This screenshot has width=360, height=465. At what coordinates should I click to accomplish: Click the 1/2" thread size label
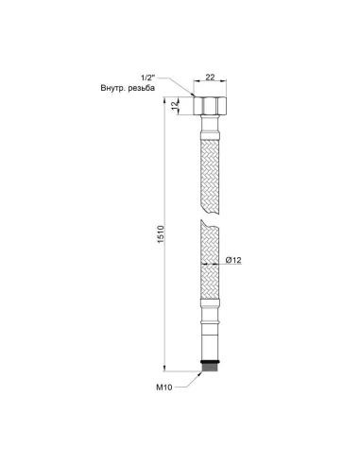[x=147, y=77]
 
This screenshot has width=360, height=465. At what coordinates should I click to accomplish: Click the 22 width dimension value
[x=210, y=77]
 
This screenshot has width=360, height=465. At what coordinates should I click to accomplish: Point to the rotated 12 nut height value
[x=175, y=106]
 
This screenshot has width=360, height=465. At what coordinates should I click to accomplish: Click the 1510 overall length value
[x=161, y=234]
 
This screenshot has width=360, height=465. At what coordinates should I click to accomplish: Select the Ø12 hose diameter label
[x=233, y=260]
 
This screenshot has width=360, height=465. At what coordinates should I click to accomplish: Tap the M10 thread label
[x=164, y=387]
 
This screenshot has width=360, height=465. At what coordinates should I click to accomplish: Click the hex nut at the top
[x=210, y=106]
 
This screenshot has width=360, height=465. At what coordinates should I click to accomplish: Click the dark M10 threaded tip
[x=210, y=367]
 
